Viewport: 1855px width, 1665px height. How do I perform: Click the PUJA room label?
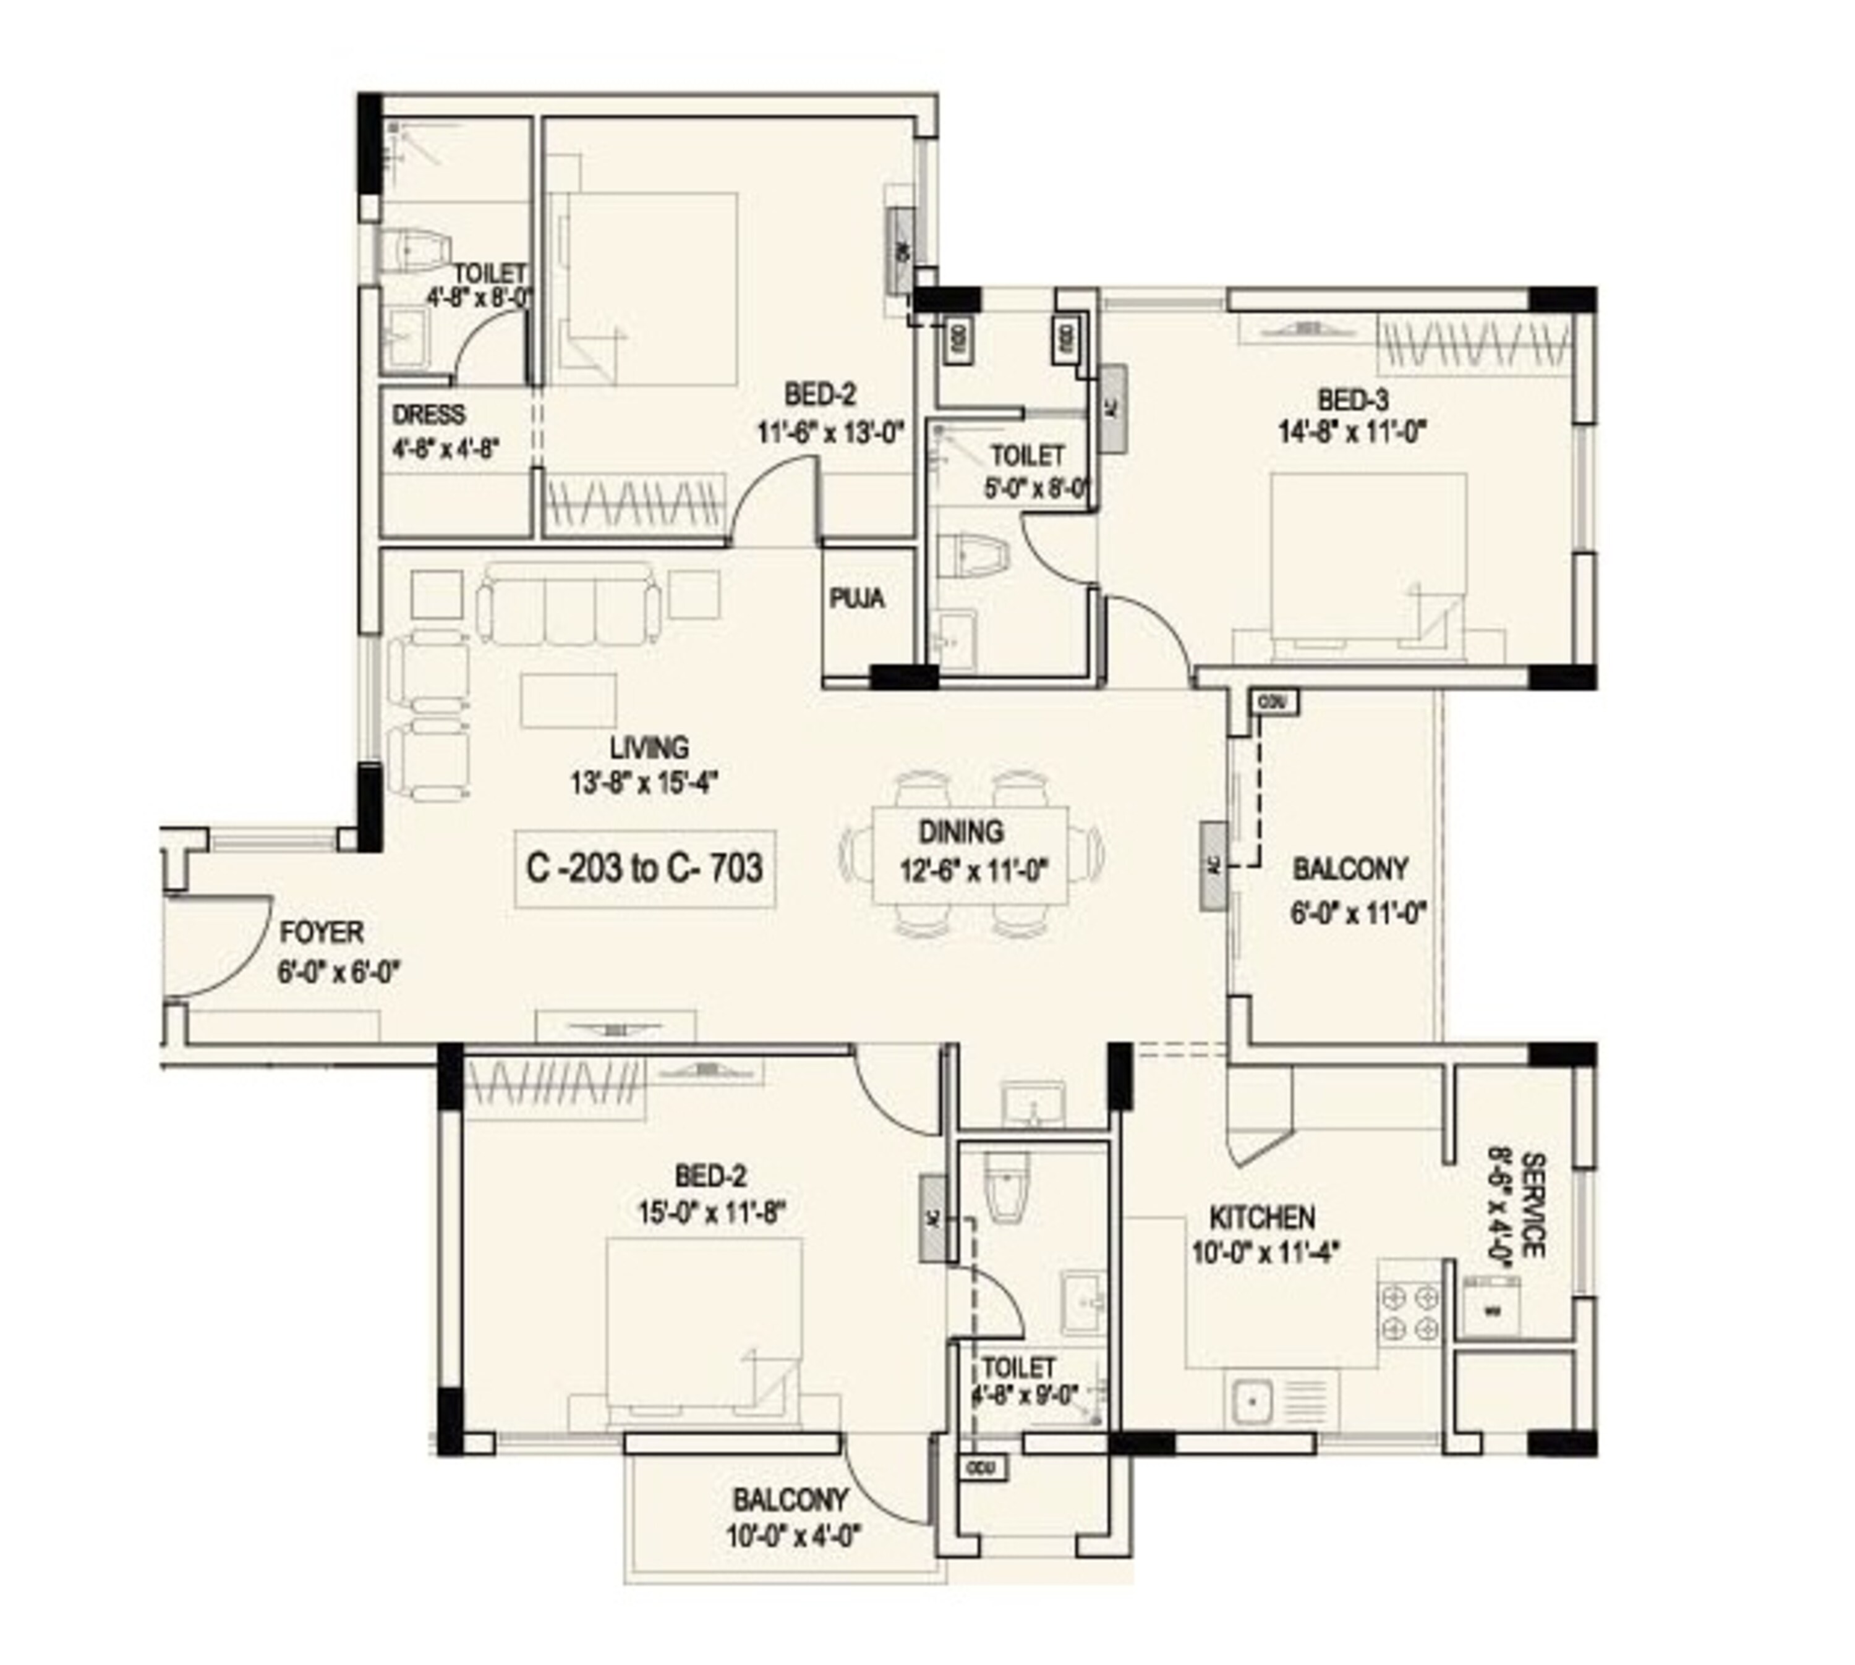coord(856,599)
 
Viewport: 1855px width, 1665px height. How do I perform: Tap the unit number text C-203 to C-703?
coord(644,867)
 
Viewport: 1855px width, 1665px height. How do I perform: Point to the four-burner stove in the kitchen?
coord(1409,1312)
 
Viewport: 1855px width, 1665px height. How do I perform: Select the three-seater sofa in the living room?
coord(568,604)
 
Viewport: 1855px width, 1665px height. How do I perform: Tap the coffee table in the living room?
coord(568,701)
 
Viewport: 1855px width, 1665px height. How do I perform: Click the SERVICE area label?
coord(1533,1206)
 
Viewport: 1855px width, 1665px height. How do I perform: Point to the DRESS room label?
coord(429,415)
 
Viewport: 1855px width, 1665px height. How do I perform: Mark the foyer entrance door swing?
coord(220,947)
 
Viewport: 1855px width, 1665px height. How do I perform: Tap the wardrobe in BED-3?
coord(1474,346)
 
